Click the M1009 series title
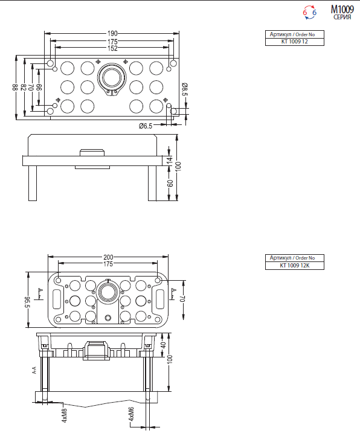(342, 10)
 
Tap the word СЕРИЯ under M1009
(342, 18)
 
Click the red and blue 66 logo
(310, 12)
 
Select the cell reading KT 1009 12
(295, 42)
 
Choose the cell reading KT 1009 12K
(295, 266)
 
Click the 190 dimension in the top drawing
(112, 33)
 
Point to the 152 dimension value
(112, 48)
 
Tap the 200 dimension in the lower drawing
(108, 257)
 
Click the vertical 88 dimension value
(16, 87)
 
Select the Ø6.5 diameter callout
(145, 126)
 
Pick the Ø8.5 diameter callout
(184, 90)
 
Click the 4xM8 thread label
(65, 415)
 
